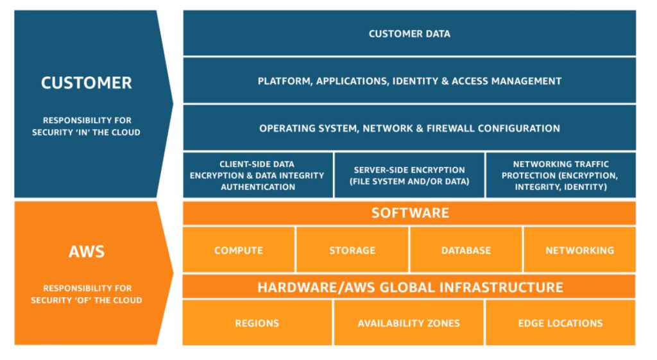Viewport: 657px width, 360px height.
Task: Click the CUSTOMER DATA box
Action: [409, 33]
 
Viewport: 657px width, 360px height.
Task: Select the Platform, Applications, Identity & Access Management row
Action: [409, 81]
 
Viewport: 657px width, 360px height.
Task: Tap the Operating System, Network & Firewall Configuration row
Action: [409, 128]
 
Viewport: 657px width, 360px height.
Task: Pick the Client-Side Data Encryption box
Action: [258, 175]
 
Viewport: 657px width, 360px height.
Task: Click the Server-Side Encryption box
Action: [409, 175]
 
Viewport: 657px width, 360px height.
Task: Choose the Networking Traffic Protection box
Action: [560, 175]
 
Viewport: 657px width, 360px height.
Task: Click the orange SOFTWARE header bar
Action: [409, 213]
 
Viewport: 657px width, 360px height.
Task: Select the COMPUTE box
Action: [239, 250]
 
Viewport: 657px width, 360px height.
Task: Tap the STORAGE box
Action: [352, 250]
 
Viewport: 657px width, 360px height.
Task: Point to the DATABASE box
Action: [466, 250]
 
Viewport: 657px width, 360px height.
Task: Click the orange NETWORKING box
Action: [579, 250]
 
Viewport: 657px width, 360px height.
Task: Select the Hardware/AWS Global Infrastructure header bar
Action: [409, 287]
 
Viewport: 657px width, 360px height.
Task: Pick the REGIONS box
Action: [257, 323]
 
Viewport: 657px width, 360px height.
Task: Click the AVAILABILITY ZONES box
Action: [409, 323]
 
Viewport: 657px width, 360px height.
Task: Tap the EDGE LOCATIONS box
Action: [560, 323]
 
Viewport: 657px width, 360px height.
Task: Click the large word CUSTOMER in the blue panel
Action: [87, 83]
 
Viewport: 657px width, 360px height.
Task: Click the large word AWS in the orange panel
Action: [87, 251]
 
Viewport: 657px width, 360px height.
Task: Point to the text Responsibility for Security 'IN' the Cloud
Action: [87, 126]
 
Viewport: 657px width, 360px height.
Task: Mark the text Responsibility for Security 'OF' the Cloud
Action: [87, 295]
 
